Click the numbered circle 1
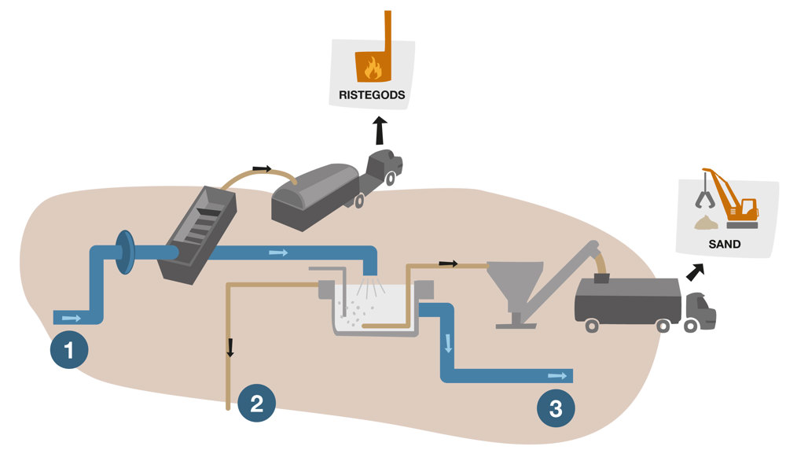tap(69, 350)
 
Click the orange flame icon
tap(372, 68)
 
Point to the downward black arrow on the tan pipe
tap(231, 347)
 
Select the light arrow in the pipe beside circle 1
tap(71, 318)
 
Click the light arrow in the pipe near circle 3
tap(558, 375)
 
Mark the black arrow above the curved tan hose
tap(262, 168)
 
